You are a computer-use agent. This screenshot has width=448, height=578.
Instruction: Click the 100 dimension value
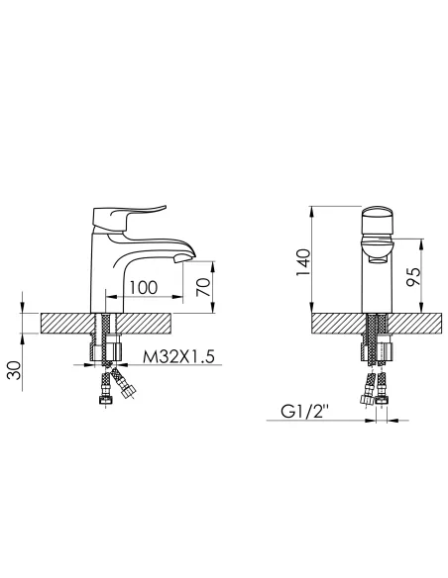(143, 288)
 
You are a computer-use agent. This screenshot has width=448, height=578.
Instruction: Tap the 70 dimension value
(204, 287)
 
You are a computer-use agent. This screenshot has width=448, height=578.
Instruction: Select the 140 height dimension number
(303, 262)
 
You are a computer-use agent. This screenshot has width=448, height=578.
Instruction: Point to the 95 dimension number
(413, 276)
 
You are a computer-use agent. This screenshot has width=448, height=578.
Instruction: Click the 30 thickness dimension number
(15, 370)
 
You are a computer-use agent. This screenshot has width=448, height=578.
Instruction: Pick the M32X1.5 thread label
(178, 357)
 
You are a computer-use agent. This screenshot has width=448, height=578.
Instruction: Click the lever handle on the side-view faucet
(126, 220)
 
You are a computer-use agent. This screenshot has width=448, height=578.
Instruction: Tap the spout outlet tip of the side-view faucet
(183, 258)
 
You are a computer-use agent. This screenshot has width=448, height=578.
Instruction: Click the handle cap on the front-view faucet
(377, 220)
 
